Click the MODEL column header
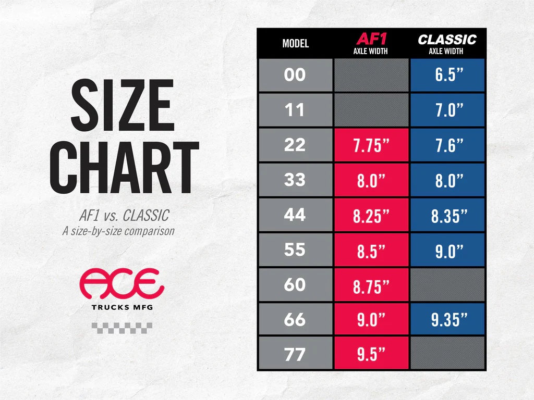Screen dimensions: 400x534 295,43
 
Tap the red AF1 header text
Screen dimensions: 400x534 371,39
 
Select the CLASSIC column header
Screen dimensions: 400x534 447,39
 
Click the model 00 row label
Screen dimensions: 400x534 295,75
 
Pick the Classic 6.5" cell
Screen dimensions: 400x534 447,75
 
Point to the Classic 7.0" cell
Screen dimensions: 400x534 447,110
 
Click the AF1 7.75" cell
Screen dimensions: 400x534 371,145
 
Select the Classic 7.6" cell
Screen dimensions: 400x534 447,145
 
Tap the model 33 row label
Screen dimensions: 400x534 295,180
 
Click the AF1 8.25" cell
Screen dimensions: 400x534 371,215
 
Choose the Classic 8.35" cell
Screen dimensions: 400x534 447,215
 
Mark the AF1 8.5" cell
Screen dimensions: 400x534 371,250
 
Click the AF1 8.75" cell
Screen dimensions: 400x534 371,285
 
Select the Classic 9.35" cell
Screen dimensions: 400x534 447,320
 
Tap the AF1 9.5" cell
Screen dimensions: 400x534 371,355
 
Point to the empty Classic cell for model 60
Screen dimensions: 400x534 447,285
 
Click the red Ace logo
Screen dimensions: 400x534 122,284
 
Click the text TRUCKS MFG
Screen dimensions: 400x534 122,307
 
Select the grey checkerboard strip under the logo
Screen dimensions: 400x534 122,328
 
